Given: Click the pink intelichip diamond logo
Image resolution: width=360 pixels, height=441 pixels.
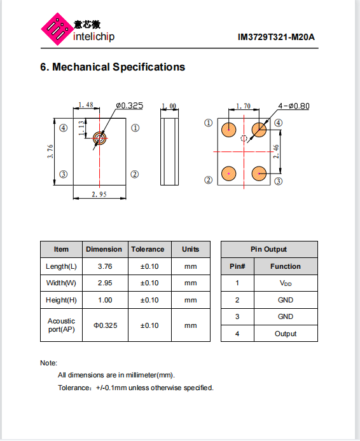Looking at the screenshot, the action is (x=57, y=29).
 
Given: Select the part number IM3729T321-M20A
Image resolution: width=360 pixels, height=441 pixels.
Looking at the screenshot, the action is (x=276, y=37).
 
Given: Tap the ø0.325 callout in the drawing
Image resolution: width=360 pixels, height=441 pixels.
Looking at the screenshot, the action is (x=130, y=105).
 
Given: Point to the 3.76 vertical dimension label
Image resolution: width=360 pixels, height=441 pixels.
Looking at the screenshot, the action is (x=50, y=151).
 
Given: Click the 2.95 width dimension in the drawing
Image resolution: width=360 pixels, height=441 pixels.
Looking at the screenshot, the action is (x=99, y=194).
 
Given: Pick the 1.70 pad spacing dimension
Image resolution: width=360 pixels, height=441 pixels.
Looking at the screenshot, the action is (x=243, y=106).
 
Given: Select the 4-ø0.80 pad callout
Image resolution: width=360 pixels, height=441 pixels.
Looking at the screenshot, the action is (x=294, y=106).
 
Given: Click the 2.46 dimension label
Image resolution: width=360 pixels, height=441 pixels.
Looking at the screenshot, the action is (x=276, y=151).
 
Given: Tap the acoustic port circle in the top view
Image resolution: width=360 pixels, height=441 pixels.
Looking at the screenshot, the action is (x=100, y=139).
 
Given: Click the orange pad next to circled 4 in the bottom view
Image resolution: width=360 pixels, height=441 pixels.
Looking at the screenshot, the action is (x=259, y=130).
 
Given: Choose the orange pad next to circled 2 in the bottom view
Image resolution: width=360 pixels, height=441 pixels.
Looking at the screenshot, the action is (x=228, y=173).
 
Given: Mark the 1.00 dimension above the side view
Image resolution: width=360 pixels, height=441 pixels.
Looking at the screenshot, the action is (x=169, y=106).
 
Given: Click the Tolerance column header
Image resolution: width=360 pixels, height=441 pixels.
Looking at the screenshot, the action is (x=148, y=249).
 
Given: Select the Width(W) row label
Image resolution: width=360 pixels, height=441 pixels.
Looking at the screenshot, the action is (x=61, y=283).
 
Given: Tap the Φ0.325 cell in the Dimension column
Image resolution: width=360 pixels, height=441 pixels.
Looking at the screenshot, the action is (x=106, y=325).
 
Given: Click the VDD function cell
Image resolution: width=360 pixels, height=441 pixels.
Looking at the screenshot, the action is (x=286, y=283).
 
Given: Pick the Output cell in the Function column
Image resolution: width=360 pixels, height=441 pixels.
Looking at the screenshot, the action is (x=286, y=334).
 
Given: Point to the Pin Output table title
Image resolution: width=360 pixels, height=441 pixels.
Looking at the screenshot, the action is (x=269, y=249).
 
